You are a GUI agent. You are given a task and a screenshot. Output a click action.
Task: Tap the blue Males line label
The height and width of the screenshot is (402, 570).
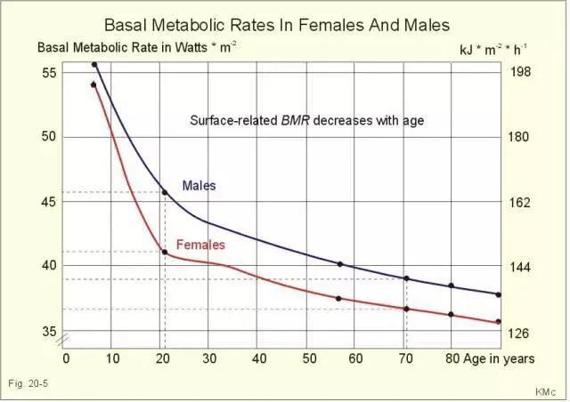click(199, 186)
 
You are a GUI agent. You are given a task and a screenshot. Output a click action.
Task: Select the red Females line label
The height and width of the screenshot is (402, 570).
click(200, 245)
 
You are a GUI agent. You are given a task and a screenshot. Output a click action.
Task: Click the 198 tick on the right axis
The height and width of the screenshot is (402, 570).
click(520, 72)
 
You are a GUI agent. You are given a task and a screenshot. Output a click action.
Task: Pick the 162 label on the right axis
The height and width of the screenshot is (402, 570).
click(520, 202)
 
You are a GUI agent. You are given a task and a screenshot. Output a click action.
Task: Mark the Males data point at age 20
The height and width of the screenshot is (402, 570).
click(164, 192)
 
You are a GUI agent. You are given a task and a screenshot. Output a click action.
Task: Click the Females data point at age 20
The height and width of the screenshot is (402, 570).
click(164, 252)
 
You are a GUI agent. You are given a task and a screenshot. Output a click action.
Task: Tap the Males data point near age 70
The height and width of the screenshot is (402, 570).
click(407, 278)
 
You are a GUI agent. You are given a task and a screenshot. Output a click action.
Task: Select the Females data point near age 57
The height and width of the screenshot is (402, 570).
click(339, 298)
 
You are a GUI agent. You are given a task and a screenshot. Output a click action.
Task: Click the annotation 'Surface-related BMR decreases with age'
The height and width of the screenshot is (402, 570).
click(306, 118)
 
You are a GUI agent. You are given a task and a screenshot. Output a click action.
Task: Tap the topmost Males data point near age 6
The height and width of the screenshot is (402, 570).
click(94, 65)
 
